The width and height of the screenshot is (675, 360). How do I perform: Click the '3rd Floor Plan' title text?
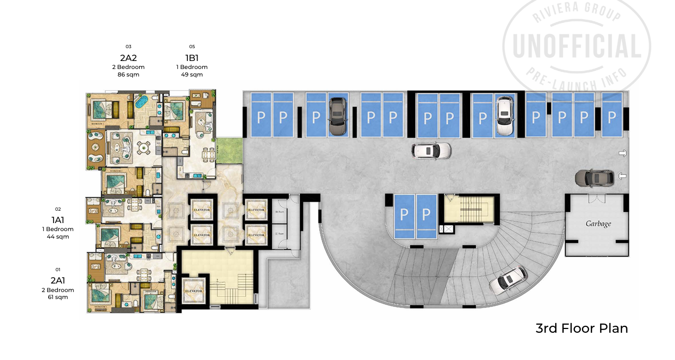point(581,328)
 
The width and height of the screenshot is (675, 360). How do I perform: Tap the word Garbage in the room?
point(598,224)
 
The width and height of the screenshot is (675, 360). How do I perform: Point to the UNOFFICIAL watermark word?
point(577,47)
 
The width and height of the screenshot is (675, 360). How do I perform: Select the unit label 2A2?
point(128,58)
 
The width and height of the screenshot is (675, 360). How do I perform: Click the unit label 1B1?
point(192,58)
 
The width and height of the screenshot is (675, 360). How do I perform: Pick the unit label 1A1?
point(58,220)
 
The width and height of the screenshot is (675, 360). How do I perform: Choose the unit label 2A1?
point(58,280)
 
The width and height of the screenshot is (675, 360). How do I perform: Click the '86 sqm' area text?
point(128,75)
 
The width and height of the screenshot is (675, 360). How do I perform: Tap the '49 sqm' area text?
point(192,75)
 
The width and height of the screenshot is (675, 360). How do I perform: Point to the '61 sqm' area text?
point(58,297)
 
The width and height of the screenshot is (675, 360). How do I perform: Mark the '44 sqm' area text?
point(58,236)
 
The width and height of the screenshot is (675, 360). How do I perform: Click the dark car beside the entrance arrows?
point(594,177)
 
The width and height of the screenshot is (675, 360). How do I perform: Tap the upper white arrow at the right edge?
point(623,154)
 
